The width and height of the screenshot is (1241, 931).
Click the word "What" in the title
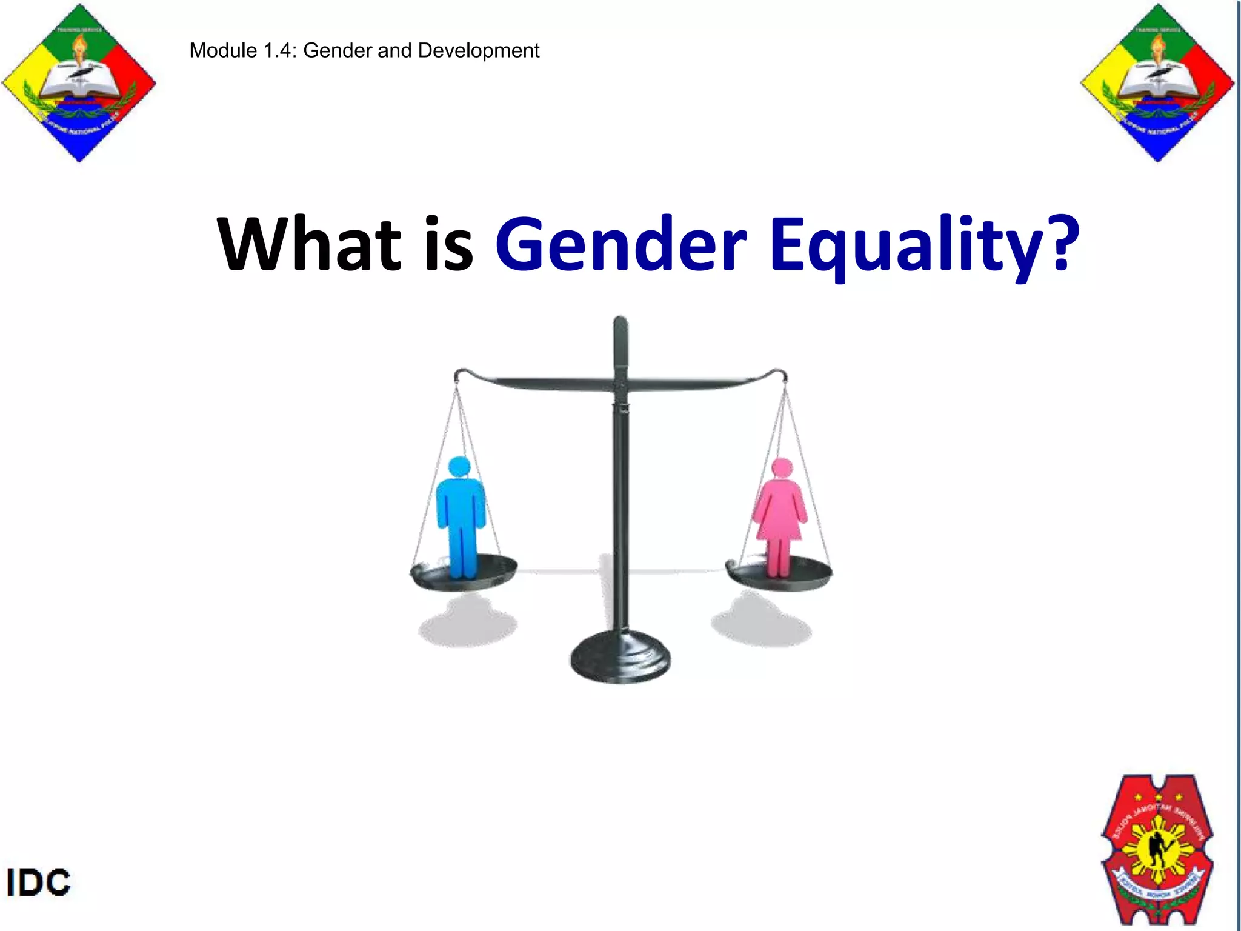[309, 244]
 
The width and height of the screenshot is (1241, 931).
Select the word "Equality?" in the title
[924, 245]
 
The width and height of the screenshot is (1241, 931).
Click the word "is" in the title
[448, 244]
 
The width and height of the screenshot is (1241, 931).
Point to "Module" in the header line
[223, 50]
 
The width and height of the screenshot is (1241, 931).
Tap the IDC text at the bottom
[39, 883]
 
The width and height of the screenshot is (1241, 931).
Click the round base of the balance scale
[620, 658]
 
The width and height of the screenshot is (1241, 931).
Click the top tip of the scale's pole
[620, 320]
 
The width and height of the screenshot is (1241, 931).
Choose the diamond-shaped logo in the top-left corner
[79, 83]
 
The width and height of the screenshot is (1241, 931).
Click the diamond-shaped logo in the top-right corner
[1157, 83]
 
